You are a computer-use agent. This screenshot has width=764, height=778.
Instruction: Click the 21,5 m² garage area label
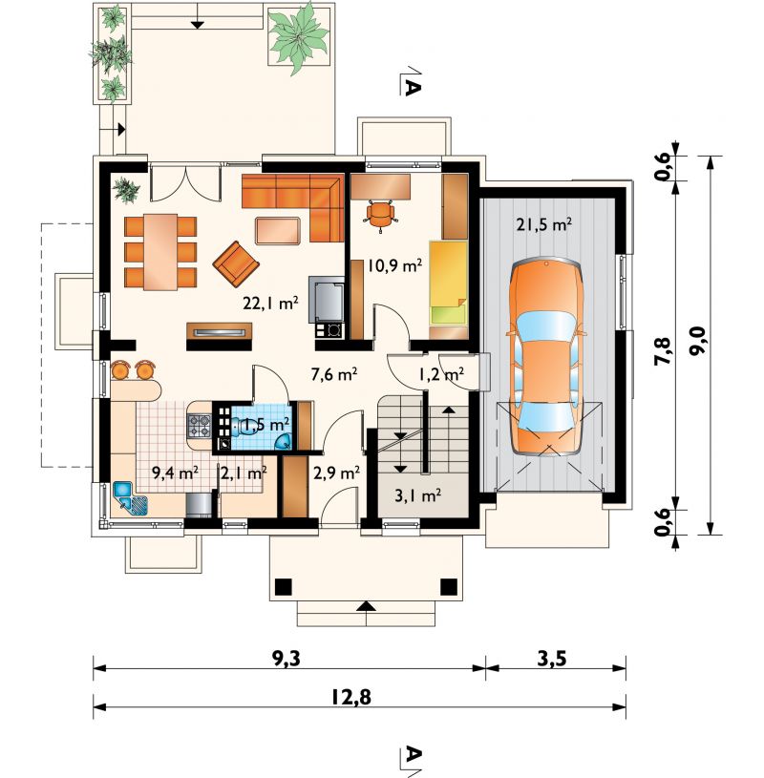click(544, 225)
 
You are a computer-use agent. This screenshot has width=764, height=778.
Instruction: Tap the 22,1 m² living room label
click(270, 303)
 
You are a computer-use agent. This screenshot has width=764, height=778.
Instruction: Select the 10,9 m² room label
click(394, 266)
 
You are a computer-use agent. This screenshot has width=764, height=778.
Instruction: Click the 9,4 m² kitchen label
click(175, 473)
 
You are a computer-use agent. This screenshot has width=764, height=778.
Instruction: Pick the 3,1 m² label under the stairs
click(418, 495)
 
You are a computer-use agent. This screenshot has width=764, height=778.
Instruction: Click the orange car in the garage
click(546, 357)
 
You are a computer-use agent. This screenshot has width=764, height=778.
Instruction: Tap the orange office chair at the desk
click(381, 216)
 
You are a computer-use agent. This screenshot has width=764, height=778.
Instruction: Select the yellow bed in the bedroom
click(448, 283)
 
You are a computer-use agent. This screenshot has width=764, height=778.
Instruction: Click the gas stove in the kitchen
click(200, 426)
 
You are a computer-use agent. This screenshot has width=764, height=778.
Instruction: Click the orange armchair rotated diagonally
click(236, 264)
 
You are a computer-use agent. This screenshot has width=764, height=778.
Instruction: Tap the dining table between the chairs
click(160, 252)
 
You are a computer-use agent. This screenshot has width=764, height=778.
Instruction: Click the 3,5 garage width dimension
click(552, 659)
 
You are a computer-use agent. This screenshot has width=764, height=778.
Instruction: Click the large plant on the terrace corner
click(298, 37)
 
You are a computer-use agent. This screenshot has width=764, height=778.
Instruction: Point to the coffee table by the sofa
click(278, 231)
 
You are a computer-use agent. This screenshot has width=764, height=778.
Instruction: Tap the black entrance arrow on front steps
click(367, 606)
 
